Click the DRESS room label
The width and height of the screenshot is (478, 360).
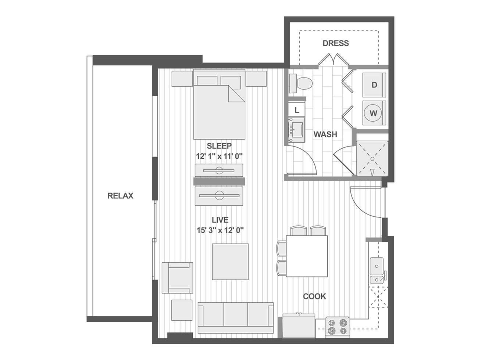coord(336,43)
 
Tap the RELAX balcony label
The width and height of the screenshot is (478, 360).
coord(120,196)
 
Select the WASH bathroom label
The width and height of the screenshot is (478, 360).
coord(325,134)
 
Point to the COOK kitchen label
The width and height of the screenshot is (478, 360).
coord(314,296)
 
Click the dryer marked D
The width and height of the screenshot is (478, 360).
coord(374,85)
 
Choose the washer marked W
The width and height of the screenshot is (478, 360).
coord(374,113)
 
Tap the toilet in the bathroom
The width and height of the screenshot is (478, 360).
coord(301,83)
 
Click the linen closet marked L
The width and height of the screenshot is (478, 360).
coord(296,110)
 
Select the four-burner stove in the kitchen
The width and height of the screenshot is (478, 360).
coord(337,327)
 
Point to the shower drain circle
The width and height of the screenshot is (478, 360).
coord(372,159)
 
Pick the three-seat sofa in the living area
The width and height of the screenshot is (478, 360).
coord(235,318)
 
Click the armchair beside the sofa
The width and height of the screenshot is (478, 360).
coord(177,278)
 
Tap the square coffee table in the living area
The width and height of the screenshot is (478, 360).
coord(230,262)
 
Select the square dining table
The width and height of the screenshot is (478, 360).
coord(307,256)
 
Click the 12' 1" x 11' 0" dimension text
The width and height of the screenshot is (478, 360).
coord(219,156)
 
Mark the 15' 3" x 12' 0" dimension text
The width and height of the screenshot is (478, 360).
coord(220,230)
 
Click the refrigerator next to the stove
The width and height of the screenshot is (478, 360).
coord(299,326)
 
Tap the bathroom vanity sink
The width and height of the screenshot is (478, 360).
coord(297,130)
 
